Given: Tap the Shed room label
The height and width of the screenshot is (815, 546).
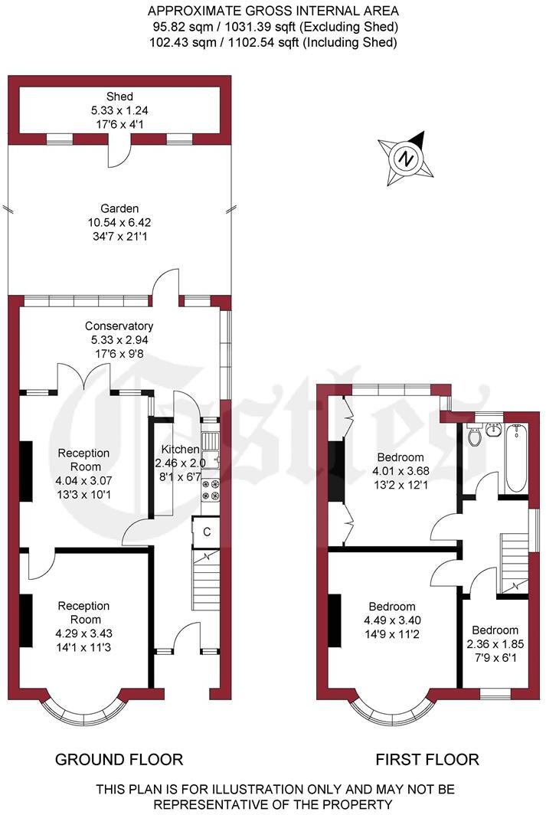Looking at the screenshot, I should [x=119, y=97].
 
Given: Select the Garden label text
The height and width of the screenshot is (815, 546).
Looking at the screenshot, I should [x=119, y=208].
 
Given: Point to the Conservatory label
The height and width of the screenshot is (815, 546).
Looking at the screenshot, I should [x=119, y=326].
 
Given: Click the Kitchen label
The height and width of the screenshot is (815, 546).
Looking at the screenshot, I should [x=180, y=450].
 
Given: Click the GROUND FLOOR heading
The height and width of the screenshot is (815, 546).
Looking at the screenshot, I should [x=119, y=760].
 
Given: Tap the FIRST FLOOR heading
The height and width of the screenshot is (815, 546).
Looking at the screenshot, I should [x=427, y=760].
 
